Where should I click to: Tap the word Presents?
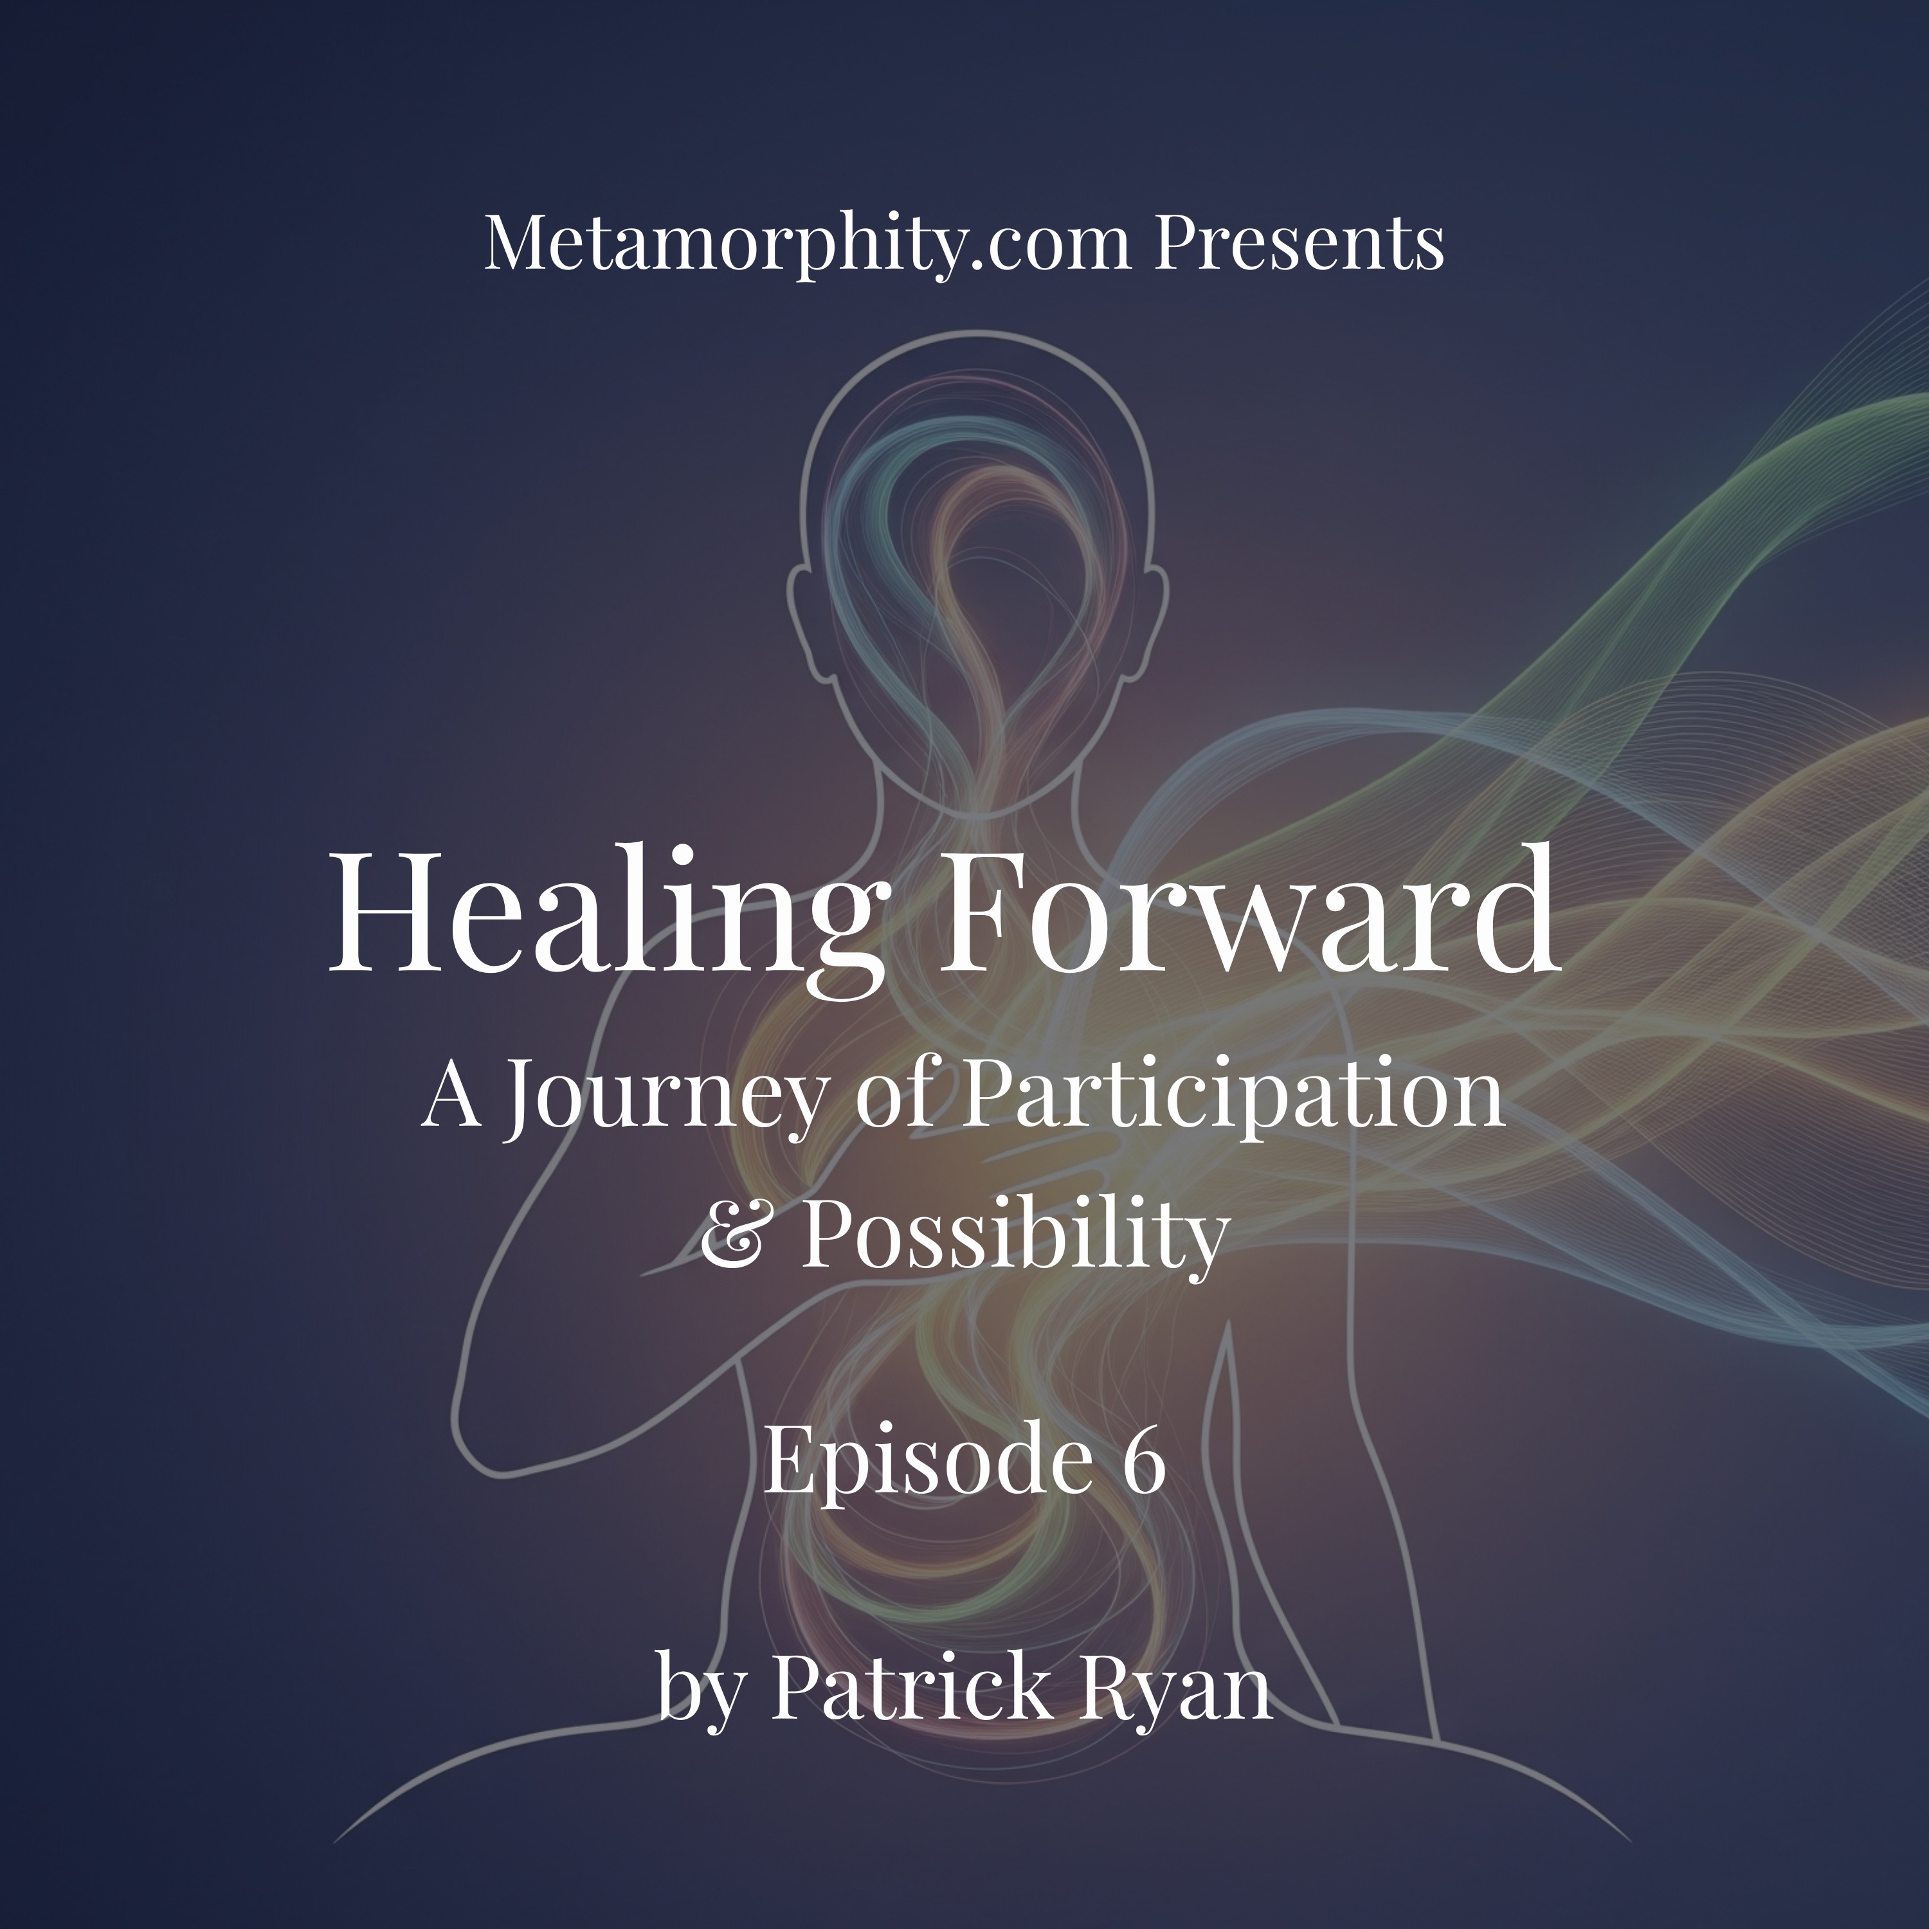coord(1299,242)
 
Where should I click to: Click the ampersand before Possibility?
coord(734,1236)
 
